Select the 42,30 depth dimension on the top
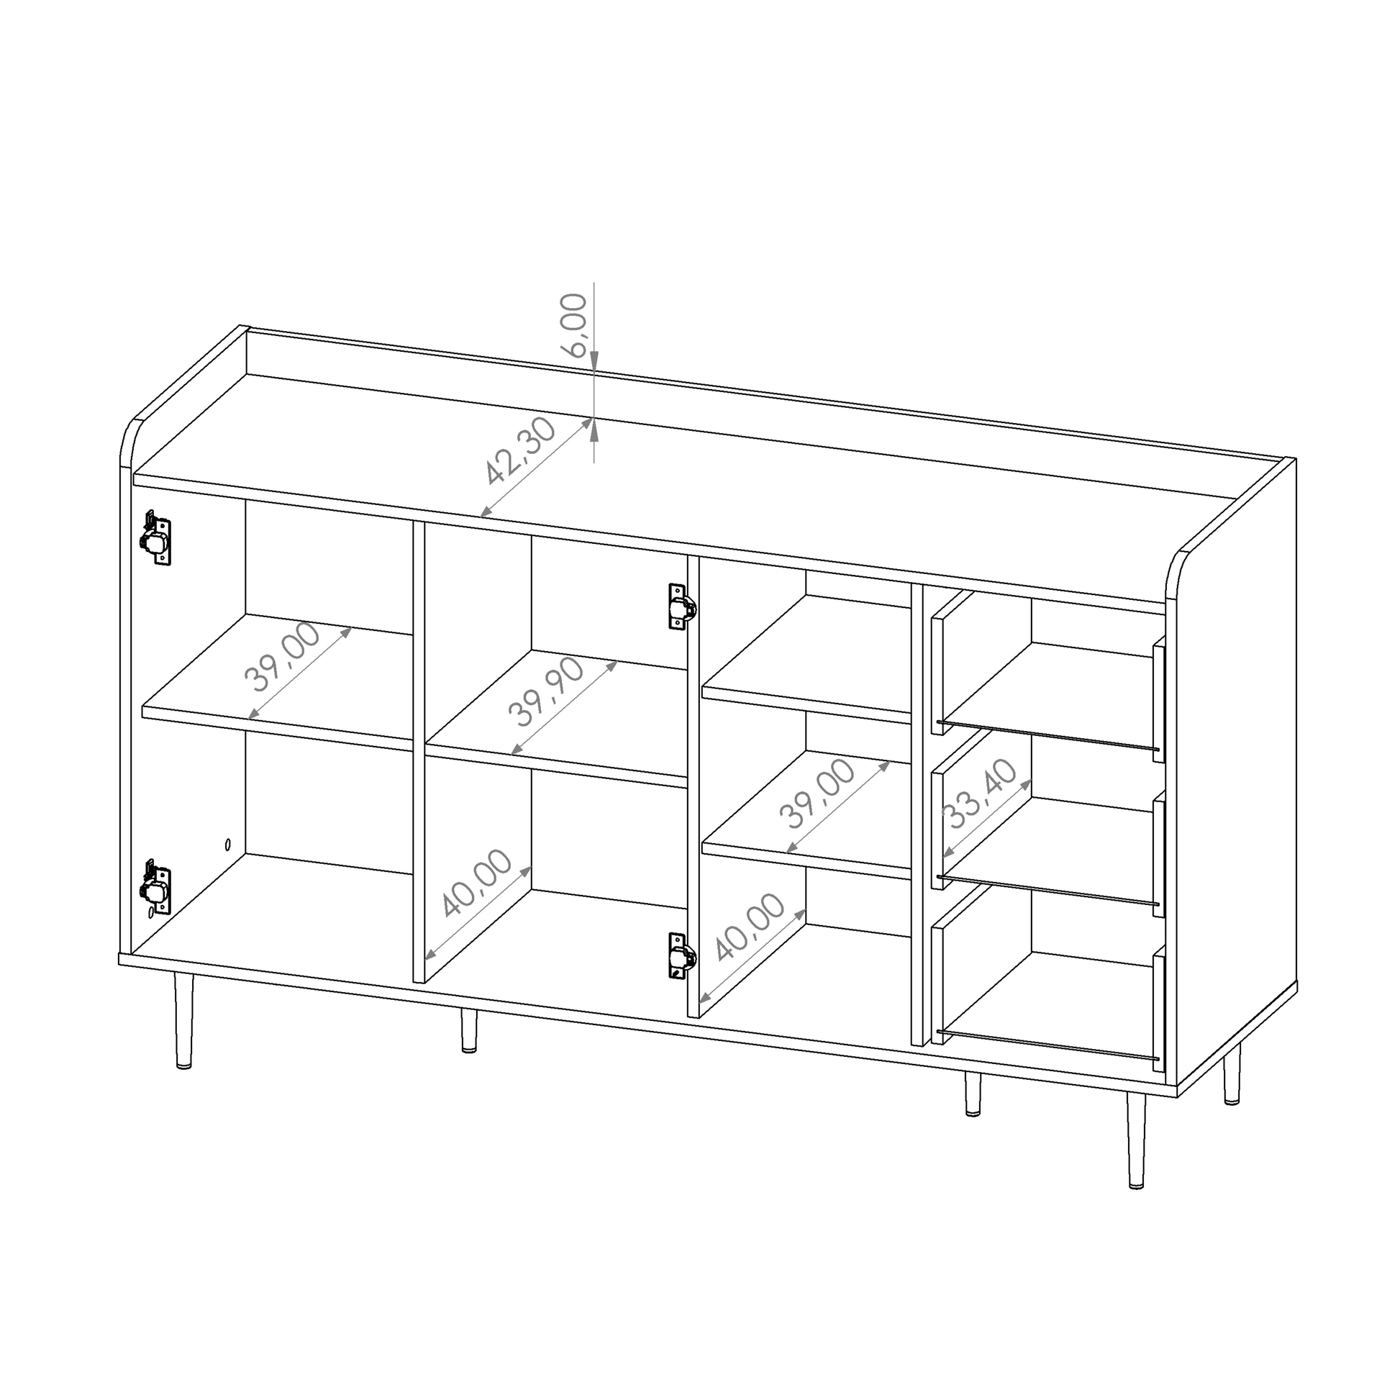click(x=520, y=451)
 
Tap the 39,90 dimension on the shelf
click(x=545, y=691)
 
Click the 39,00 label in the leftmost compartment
click(x=282, y=657)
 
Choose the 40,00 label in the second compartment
click(x=476, y=883)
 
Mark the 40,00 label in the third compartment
click(x=749, y=927)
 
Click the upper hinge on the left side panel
click(x=155, y=537)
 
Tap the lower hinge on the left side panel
click(x=155, y=886)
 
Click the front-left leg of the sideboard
click(x=184, y=1021)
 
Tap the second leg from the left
click(x=469, y=1029)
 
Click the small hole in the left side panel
click(x=228, y=844)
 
